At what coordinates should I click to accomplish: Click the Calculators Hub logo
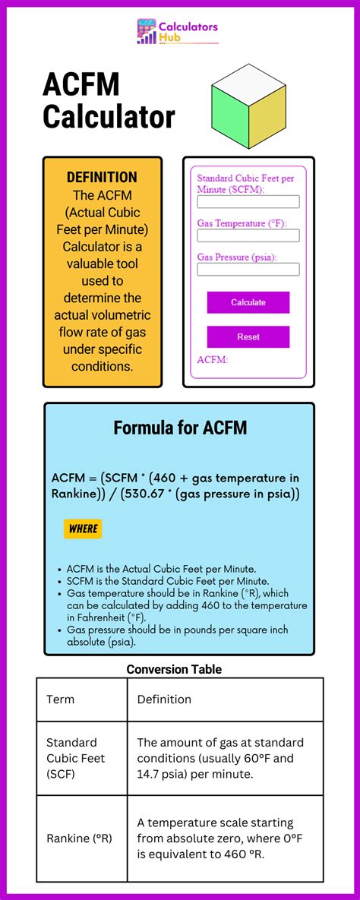[x=177, y=32]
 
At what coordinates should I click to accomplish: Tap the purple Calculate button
[x=248, y=302]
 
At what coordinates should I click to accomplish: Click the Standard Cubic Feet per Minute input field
[x=248, y=202]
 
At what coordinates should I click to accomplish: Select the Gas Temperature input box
[x=248, y=235]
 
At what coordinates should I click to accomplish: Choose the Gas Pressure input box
[x=248, y=269]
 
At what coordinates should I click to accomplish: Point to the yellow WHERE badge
[x=83, y=529]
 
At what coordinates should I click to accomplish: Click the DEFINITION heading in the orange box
[x=102, y=177]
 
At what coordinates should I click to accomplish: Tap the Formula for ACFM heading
[x=180, y=428]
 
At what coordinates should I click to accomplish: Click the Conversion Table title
[x=174, y=669]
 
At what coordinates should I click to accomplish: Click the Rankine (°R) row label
[x=79, y=838]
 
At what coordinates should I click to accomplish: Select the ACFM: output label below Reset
[x=213, y=359]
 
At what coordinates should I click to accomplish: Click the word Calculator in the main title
[x=109, y=117]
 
